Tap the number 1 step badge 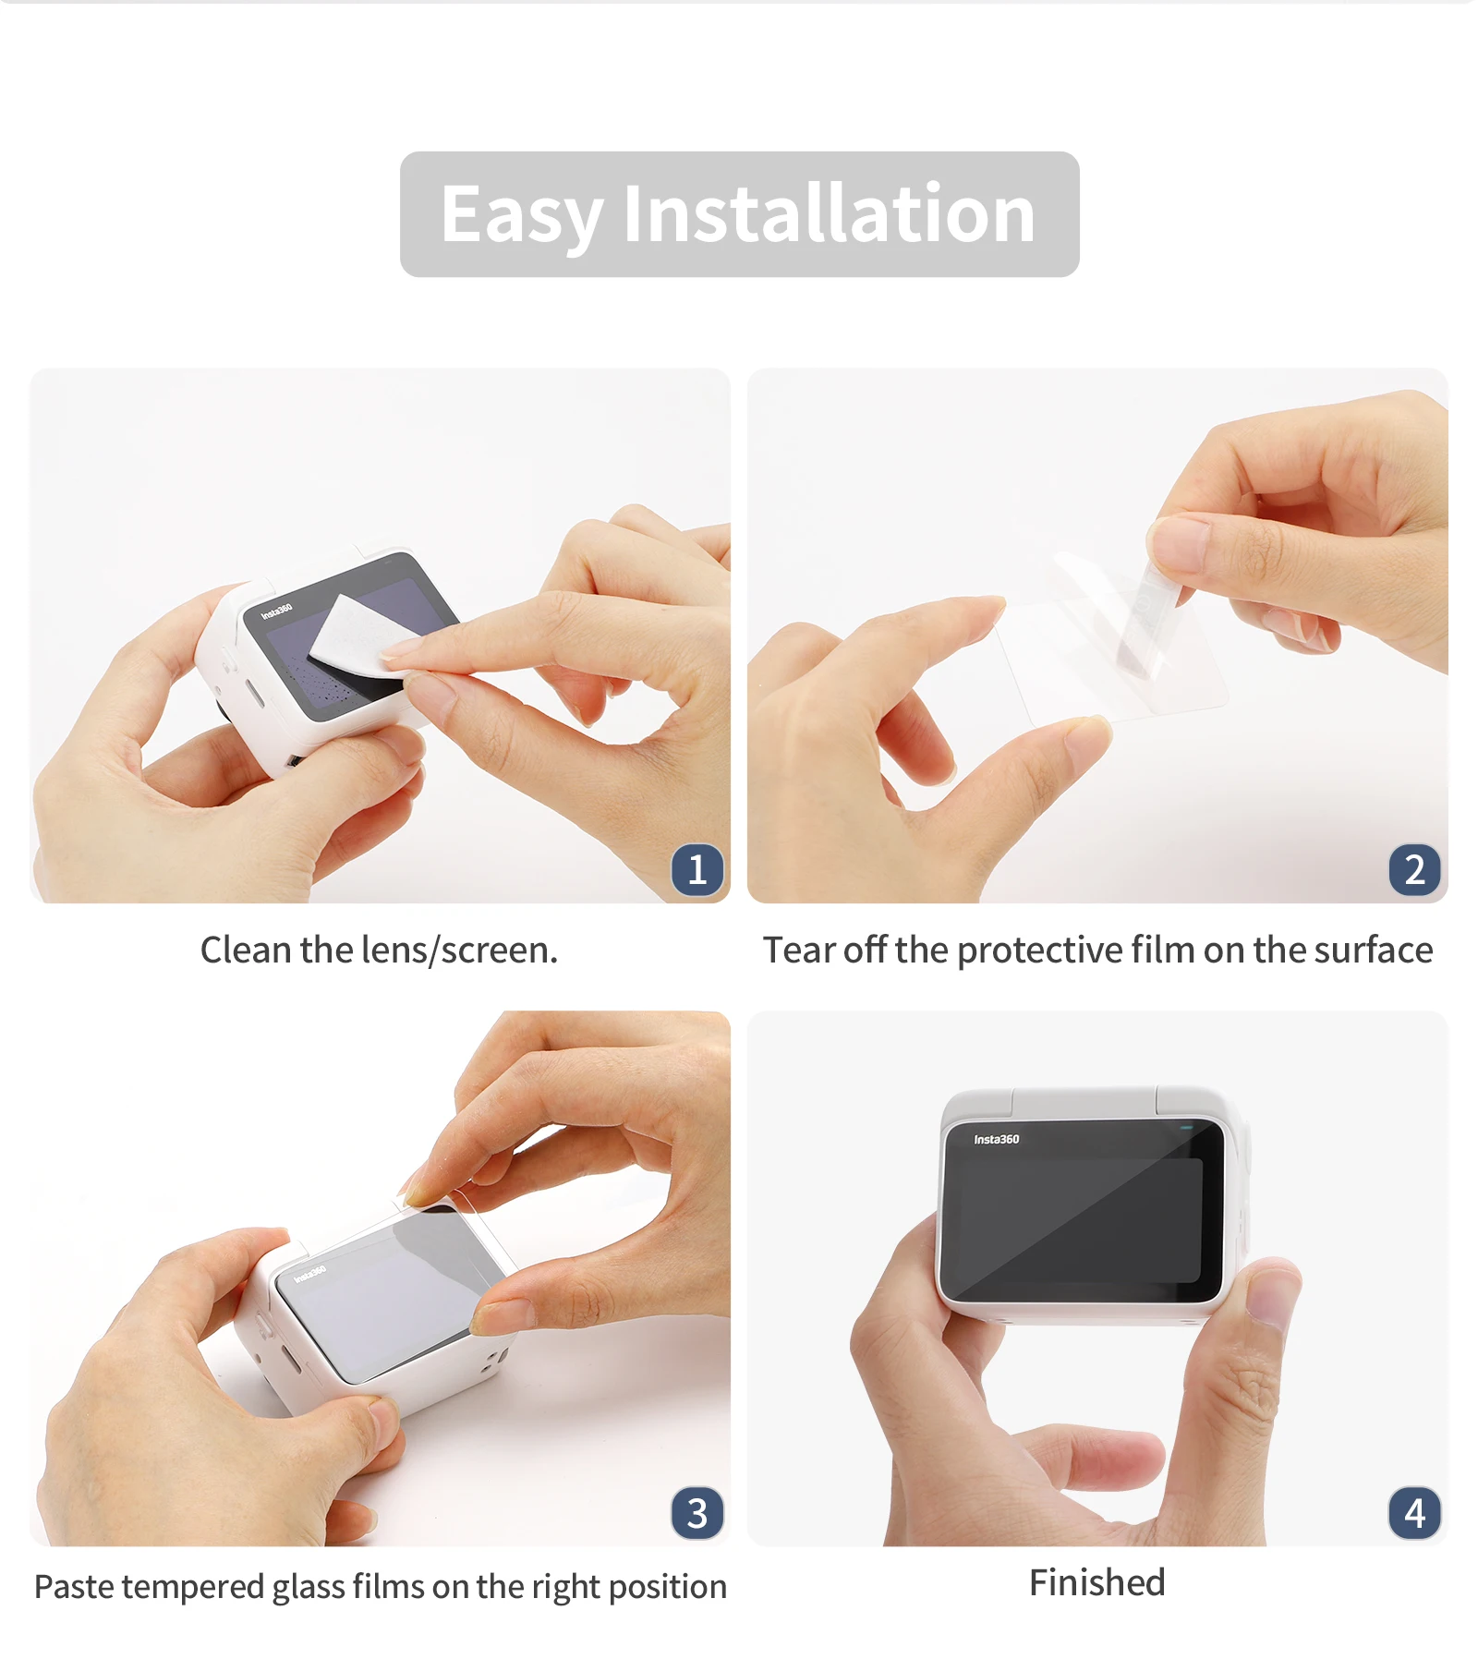click(697, 869)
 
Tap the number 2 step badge click(1414, 869)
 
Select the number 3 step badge click(697, 1513)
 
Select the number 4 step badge click(1414, 1513)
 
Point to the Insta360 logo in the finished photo click(997, 1139)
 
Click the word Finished click(1097, 1583)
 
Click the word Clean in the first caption click(246, 950)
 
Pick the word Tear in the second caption click(799, 950)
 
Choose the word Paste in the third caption click(74, 1587)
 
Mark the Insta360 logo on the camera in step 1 click(276, 611)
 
